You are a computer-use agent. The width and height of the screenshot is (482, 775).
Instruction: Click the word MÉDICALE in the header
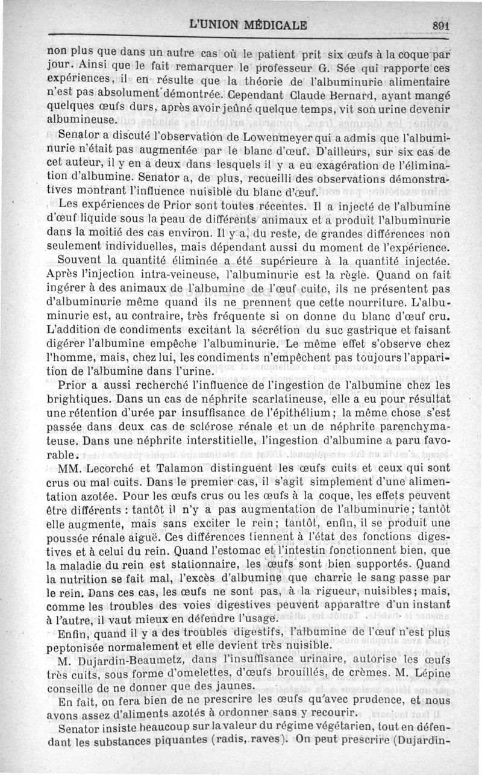[x=272, y=25]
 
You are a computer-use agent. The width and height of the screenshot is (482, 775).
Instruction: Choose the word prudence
[x=345, y=701]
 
